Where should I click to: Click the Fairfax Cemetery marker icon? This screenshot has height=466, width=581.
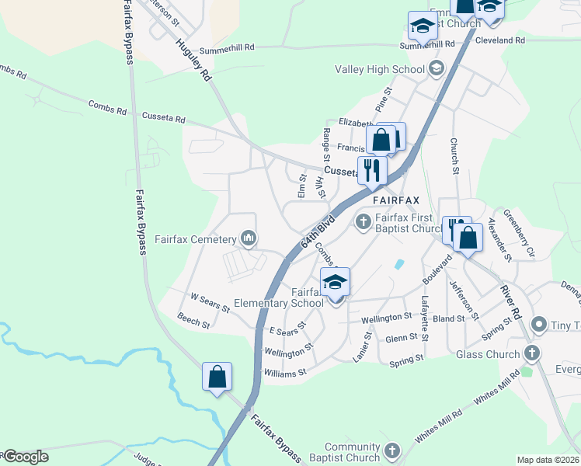click(x=249, y=237)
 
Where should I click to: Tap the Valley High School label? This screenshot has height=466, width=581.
click(x=380, y=69)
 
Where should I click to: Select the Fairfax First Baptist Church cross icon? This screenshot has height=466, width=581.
click(x=363, y=222)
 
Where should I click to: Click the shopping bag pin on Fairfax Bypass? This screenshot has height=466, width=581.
click(x=217, y=377)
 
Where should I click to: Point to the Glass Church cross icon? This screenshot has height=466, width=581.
click(x=532, y=354)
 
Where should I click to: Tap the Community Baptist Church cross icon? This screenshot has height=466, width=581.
click(x=392, y=450)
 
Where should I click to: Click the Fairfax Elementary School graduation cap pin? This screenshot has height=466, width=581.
click(x=335, y=283)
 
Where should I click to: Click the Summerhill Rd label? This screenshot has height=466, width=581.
click(x=227, y=47)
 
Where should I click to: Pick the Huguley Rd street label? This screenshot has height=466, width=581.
click(x=193, y=60)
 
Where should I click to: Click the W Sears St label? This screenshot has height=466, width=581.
click(x=210, y=302)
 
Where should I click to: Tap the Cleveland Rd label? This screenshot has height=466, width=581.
click(x=500, y=40)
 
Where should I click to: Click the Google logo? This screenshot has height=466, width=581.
click(x=26, y=457)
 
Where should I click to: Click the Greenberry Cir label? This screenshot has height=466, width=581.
click(x=520, y=232)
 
